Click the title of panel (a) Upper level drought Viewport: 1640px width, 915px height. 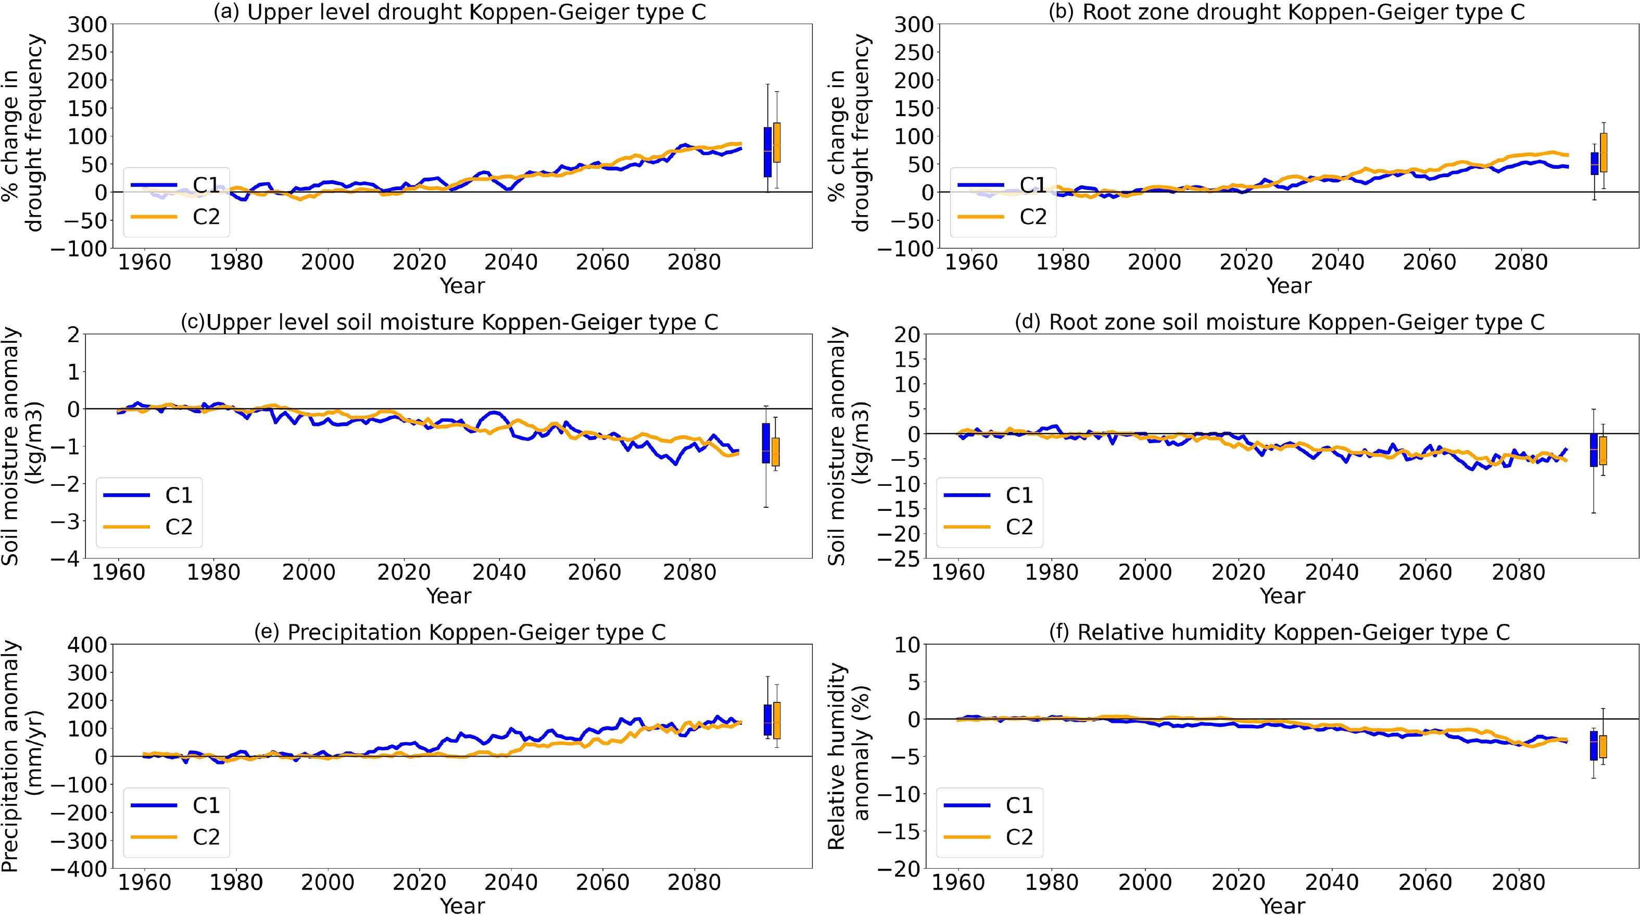[x=460, y=12]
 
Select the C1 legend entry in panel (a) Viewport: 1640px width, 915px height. [x=176, y=185]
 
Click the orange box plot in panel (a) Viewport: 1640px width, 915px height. [x=777, y=143]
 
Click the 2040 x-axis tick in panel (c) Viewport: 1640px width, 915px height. [x=499, y=572]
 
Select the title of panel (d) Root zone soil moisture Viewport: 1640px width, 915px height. [x=1280, y=323]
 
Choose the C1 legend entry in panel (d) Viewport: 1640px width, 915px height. [x=988, y=495]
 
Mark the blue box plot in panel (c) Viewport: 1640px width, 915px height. [x=766, y=443]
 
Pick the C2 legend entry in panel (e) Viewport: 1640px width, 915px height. [x=176, y=837]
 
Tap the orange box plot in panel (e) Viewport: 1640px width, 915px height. [x=777, y=720]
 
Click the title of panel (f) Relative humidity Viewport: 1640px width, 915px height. [x=1280, y=633]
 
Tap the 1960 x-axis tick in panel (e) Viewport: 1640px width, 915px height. [x=145, y=883]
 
